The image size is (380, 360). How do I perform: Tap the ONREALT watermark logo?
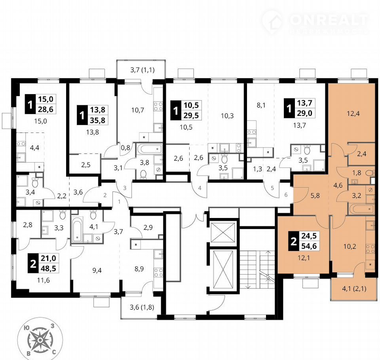[x=315, y=22]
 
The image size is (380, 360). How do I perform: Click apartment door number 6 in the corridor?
[x=286, y=195]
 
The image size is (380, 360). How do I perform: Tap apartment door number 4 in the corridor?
[x=199, y=188]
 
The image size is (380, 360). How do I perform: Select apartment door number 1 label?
[x=119, y=201]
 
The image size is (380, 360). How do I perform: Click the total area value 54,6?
[x=309, y=246]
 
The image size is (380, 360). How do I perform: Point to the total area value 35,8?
[x=98, y=120]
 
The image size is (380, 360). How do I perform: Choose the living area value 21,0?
[x=48, y=258]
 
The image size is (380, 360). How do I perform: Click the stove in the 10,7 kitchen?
[x=158, y=106]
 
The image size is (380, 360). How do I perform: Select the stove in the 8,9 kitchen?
[x=159, y=272]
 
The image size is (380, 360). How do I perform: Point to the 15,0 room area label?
[x=41, y=121]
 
